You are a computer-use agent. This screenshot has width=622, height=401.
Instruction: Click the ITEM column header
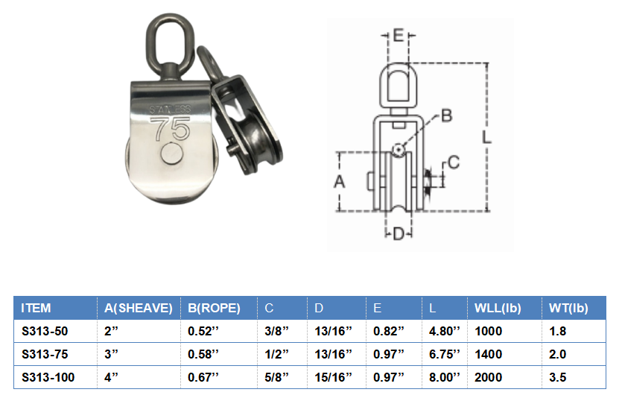(36, 307)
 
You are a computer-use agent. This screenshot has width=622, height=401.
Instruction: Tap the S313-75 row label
(45, 354)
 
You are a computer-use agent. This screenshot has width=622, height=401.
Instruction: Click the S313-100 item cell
(48, 377)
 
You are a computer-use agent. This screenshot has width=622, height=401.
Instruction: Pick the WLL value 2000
(488, 377)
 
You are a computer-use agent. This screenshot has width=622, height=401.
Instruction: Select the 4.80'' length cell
(445, 331)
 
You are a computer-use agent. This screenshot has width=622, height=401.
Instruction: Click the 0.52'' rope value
(203, 331)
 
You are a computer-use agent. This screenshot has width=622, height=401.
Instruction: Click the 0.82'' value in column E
(389, 331)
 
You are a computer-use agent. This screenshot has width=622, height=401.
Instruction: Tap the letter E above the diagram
(399, 36)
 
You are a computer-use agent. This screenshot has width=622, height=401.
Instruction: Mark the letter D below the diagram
(399, 234)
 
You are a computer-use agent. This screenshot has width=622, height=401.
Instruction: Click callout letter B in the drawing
(446, 116)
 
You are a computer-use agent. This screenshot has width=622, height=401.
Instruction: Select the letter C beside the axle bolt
(453, 162)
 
